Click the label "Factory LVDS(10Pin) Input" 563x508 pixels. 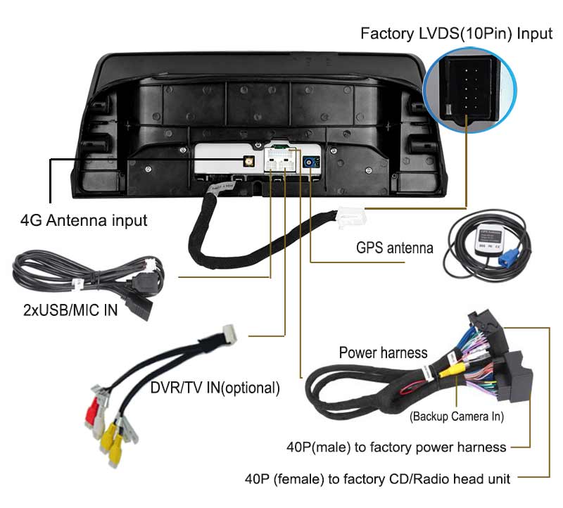[x=456, y=34]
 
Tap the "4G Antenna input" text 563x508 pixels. [x=84, y=220]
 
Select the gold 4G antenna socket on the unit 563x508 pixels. [x=248, y=161]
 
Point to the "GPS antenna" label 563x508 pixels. [x=395, y=248]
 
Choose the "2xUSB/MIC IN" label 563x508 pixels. [x=70, y=310]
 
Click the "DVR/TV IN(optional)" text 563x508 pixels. [x=215, y=388]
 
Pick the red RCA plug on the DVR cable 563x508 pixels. [x=92, y=410]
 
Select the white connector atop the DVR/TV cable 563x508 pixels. [x=229, y=334]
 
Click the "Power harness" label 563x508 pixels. [x=383, y=353]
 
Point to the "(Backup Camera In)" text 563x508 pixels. [x=457, y=417]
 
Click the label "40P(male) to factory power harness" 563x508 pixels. [x=396, y=447]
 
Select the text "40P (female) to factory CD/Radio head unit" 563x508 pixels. [x=377, y=479]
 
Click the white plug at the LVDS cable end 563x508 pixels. [x=350, y=217]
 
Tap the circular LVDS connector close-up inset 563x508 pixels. [x=470, y=89]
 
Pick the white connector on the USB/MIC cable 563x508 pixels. [x=151, y=265]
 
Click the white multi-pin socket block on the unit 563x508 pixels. [x=281, y=160]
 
